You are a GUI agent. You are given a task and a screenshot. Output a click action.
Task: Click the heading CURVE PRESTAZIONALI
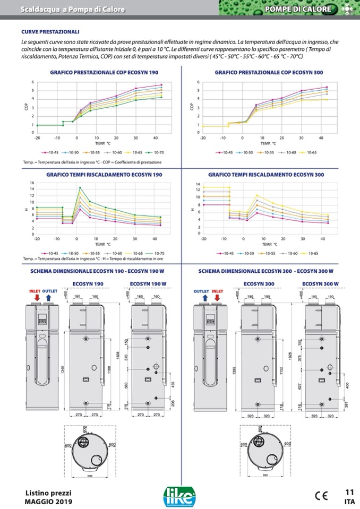(50, 32)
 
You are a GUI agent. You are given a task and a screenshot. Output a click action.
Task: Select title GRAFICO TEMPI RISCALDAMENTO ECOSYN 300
(266, 174)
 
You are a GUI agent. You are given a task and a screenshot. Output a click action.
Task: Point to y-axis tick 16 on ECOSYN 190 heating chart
(32, 183)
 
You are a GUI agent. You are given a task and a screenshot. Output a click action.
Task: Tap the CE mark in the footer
(321, 496)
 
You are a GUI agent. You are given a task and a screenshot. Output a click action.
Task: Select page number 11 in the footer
(349, 491)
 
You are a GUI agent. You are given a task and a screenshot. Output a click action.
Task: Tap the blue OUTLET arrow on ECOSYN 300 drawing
(204, 298)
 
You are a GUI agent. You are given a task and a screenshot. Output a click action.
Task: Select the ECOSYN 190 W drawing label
(147, 283)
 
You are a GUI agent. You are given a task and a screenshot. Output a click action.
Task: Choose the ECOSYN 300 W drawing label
(321, 283)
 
